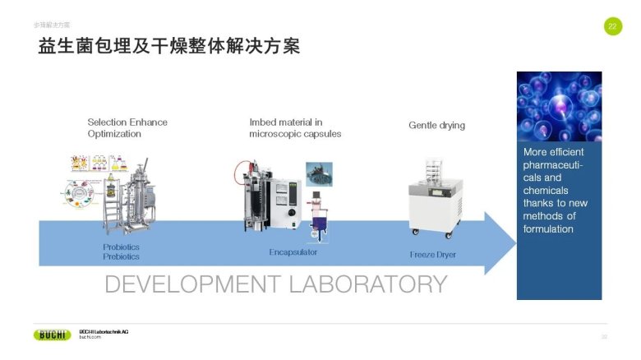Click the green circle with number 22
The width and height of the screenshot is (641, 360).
click(x=612, y=26)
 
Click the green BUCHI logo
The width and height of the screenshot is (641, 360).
click(x=52, y=335)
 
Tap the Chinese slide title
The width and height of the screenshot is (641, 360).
click(x=168, y=47)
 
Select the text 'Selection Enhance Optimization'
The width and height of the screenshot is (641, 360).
click(x=127, y=127)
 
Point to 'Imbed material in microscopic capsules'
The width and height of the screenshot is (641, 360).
click(x=295, y=127)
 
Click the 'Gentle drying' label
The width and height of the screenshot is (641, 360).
click(x=436, y=126)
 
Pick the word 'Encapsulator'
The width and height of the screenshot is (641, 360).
click(x=293, y=252)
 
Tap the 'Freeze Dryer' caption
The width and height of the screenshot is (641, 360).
click(x=432, y=255)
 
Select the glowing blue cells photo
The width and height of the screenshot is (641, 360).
click(x=559, y=106)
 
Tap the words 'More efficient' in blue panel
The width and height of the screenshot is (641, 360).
click(x=554, y=152)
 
